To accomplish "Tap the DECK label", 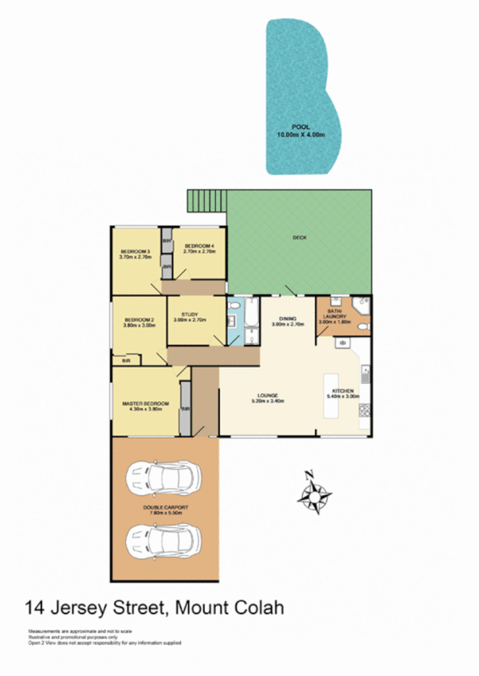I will [x=300, y=237].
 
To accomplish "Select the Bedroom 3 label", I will [x=135, y=255].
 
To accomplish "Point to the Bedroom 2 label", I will [x=138, y=322].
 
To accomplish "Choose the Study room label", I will [x=190, y=317].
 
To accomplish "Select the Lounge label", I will [x=268, y=398].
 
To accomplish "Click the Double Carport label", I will [x=165, y=510].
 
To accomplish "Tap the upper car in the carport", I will [x=165, y=479].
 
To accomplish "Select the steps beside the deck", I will [x=206, y=202].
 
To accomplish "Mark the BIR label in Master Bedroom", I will [x=185, y=410].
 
